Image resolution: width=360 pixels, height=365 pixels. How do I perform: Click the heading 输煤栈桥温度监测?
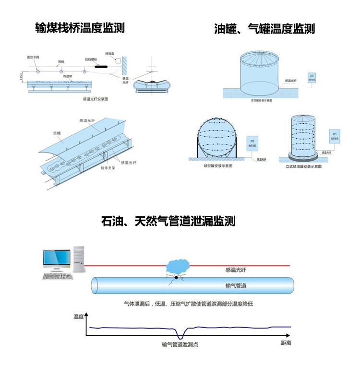coord(80,28)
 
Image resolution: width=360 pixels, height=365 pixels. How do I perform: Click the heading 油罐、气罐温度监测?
coord(264,29)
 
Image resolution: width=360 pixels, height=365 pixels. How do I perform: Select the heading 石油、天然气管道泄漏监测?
coord(168,221)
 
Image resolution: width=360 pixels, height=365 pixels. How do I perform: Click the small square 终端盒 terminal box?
coord(118,60)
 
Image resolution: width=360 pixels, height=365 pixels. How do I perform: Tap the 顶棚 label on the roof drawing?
coord(57,133)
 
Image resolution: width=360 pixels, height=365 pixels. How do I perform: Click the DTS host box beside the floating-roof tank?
coord(312,77)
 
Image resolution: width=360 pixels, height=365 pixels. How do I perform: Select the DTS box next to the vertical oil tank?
coord(334,137)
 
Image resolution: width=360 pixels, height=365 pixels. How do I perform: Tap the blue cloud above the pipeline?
coord(178,265)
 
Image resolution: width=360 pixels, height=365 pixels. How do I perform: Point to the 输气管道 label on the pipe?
coord(236,286)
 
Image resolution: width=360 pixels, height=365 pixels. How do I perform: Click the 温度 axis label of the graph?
coord(78,316)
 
